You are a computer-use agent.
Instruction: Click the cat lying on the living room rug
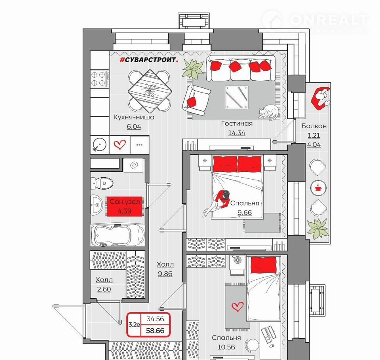[268, 112]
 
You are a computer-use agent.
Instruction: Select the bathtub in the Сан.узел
[118, 235]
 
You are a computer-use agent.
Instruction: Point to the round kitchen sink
[100, 145]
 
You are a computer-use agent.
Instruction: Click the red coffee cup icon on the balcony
[318, 188]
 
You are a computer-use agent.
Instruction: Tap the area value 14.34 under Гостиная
[237, 133]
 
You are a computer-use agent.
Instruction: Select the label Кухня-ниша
[134, 117]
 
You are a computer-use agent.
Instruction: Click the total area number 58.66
[155, 330]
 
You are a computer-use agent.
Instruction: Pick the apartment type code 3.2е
[134, 325]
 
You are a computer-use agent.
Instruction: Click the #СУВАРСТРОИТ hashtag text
[149, 60]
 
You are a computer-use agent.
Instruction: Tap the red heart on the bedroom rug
[237, 307]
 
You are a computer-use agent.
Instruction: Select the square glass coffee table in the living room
[236, 97]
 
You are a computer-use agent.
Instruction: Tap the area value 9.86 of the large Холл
[165, 274]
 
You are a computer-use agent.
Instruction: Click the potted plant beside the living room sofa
[193, 68]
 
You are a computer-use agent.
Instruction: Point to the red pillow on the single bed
[264, 265]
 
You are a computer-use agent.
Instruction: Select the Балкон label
[314, 126]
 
